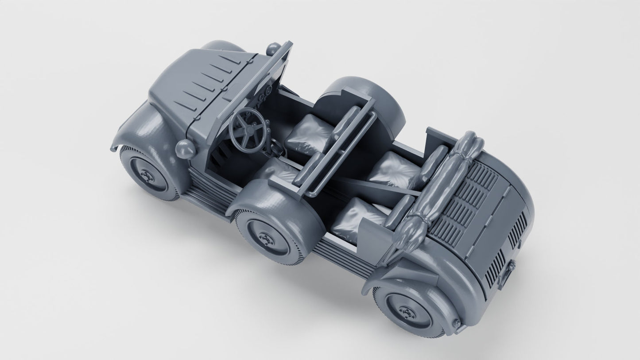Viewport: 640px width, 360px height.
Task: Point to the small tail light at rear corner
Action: tap(456, 326)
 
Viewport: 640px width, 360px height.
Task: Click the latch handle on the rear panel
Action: tap(512, 268)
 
